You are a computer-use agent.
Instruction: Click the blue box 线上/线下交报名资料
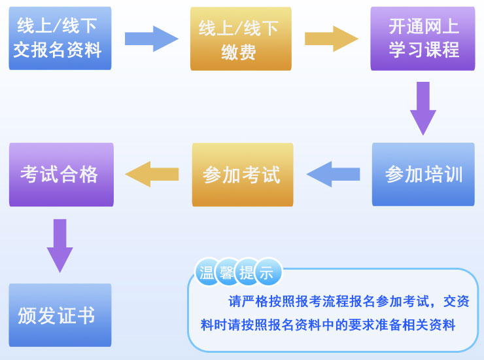tap(60, 38)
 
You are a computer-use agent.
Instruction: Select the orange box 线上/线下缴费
tap(240, 39)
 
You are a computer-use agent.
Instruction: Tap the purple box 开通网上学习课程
tap(423, 38)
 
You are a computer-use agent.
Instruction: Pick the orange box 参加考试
tap(242, 175)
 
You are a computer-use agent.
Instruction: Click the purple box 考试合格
tap(61, 174)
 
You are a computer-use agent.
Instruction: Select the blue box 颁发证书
tap(60, 315)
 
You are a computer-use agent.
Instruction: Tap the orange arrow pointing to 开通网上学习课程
tap(331, 39)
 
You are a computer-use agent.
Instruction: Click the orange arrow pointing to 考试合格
tap(152, 174)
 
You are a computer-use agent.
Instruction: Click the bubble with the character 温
tap(207, 272)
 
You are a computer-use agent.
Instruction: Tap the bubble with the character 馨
tap(227, 272)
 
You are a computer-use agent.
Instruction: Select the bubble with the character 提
tap(247, 272)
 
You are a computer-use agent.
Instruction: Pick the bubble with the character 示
tap(267, 272)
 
